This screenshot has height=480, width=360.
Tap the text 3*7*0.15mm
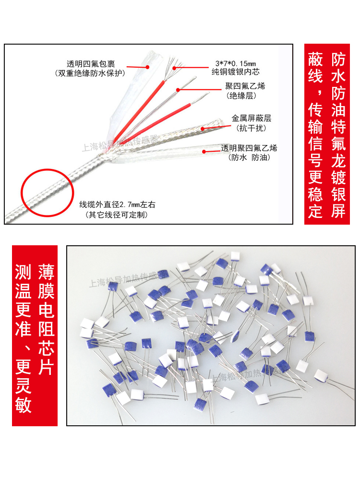tap(235, 64)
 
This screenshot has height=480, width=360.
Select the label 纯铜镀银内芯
tap(237, 73)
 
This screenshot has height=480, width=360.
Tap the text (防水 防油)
tap(248, 157)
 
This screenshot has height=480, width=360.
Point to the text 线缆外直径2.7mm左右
tap(117, 204)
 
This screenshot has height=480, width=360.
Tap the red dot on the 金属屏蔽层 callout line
tap(203, 128)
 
